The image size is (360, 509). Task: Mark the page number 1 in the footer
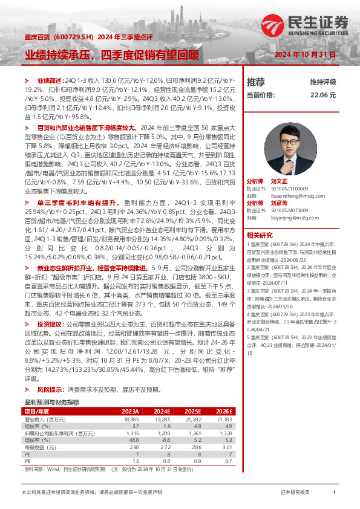334,493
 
